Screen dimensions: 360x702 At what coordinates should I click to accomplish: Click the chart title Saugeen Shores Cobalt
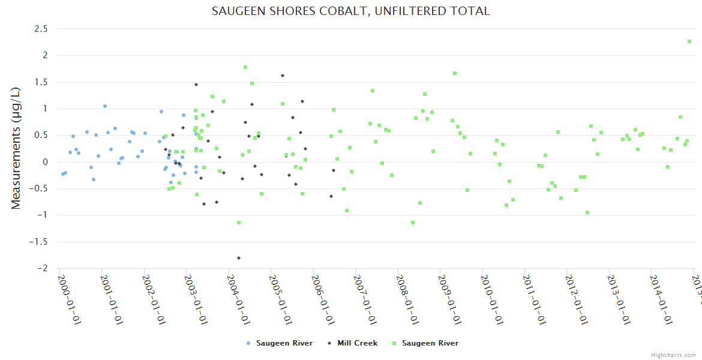351,11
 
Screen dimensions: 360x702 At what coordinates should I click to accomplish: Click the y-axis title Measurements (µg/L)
16,148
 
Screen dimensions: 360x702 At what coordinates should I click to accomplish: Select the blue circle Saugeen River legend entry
280,343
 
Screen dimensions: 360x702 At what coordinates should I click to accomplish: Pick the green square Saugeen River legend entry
425,343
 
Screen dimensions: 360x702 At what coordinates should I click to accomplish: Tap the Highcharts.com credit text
673,355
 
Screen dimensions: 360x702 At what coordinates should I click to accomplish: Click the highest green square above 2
689,41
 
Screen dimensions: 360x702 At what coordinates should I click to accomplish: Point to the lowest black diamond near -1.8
239,258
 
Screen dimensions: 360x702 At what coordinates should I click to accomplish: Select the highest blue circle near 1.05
104,106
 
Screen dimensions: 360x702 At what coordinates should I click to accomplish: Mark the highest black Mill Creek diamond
283,76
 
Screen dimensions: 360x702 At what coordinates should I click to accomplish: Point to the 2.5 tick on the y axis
41,28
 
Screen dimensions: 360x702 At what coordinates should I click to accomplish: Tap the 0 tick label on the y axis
45,162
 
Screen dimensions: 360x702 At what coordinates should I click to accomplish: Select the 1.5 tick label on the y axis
41,82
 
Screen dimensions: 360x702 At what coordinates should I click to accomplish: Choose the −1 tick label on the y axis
43,215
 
